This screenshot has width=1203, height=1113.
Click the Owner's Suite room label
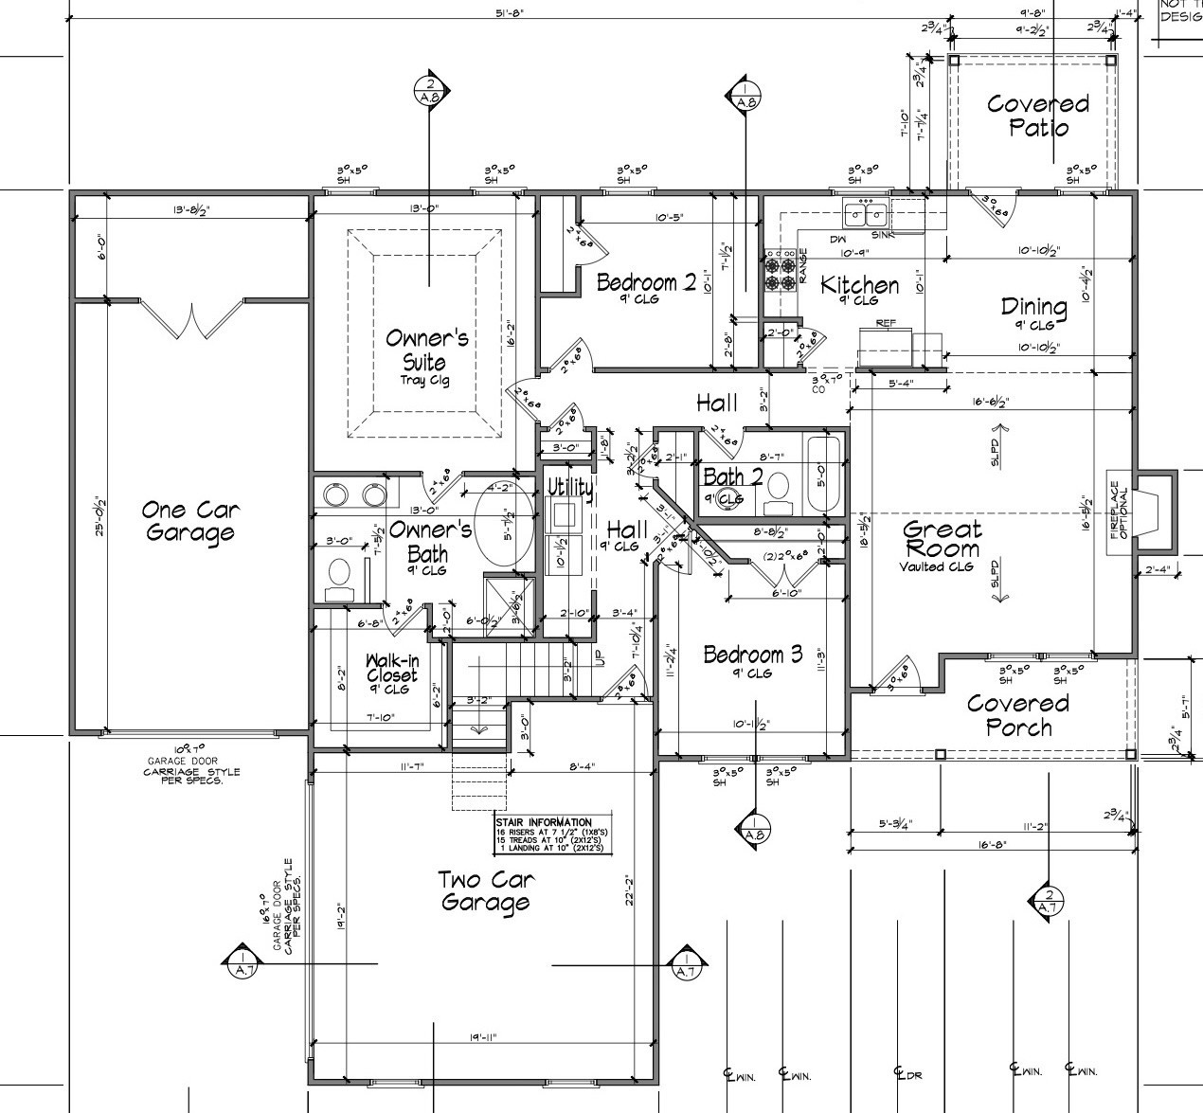pos(426,350)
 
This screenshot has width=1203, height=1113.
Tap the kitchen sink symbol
pos(867,213)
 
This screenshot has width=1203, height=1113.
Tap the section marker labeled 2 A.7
pos(1048,902)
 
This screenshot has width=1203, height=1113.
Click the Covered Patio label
pos(1037,116)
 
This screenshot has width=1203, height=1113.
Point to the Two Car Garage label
pos(484,891)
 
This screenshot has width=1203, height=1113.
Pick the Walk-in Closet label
pos(391,669)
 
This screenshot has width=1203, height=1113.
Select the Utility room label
pos(569,488)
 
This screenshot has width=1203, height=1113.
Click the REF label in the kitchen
pos(886,323)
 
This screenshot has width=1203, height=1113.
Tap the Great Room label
pos(941,540)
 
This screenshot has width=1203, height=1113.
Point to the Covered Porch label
pos(1017,715)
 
